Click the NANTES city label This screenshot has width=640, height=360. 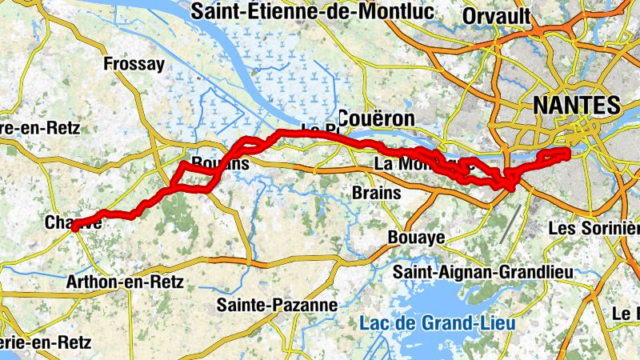pos(576,106)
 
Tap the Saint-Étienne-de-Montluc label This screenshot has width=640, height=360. pos(312,12)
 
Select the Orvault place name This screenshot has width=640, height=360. pos(496,16)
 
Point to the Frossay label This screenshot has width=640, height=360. pos(134,64)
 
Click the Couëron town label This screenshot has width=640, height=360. pos(376,118)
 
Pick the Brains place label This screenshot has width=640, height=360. pos(375,193)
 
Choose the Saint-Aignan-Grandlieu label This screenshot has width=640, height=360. pos(483,273)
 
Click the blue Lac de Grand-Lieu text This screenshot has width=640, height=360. pos(438,324)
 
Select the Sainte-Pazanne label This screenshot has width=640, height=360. pos(277,305)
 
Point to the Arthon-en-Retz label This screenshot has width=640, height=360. pos(125,282)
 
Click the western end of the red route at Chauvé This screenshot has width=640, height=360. pos(74,228)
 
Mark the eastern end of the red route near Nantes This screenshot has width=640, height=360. pos(566,151)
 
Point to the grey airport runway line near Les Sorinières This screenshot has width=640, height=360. pos(510,223)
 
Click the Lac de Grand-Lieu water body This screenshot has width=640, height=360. pos(448,300)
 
